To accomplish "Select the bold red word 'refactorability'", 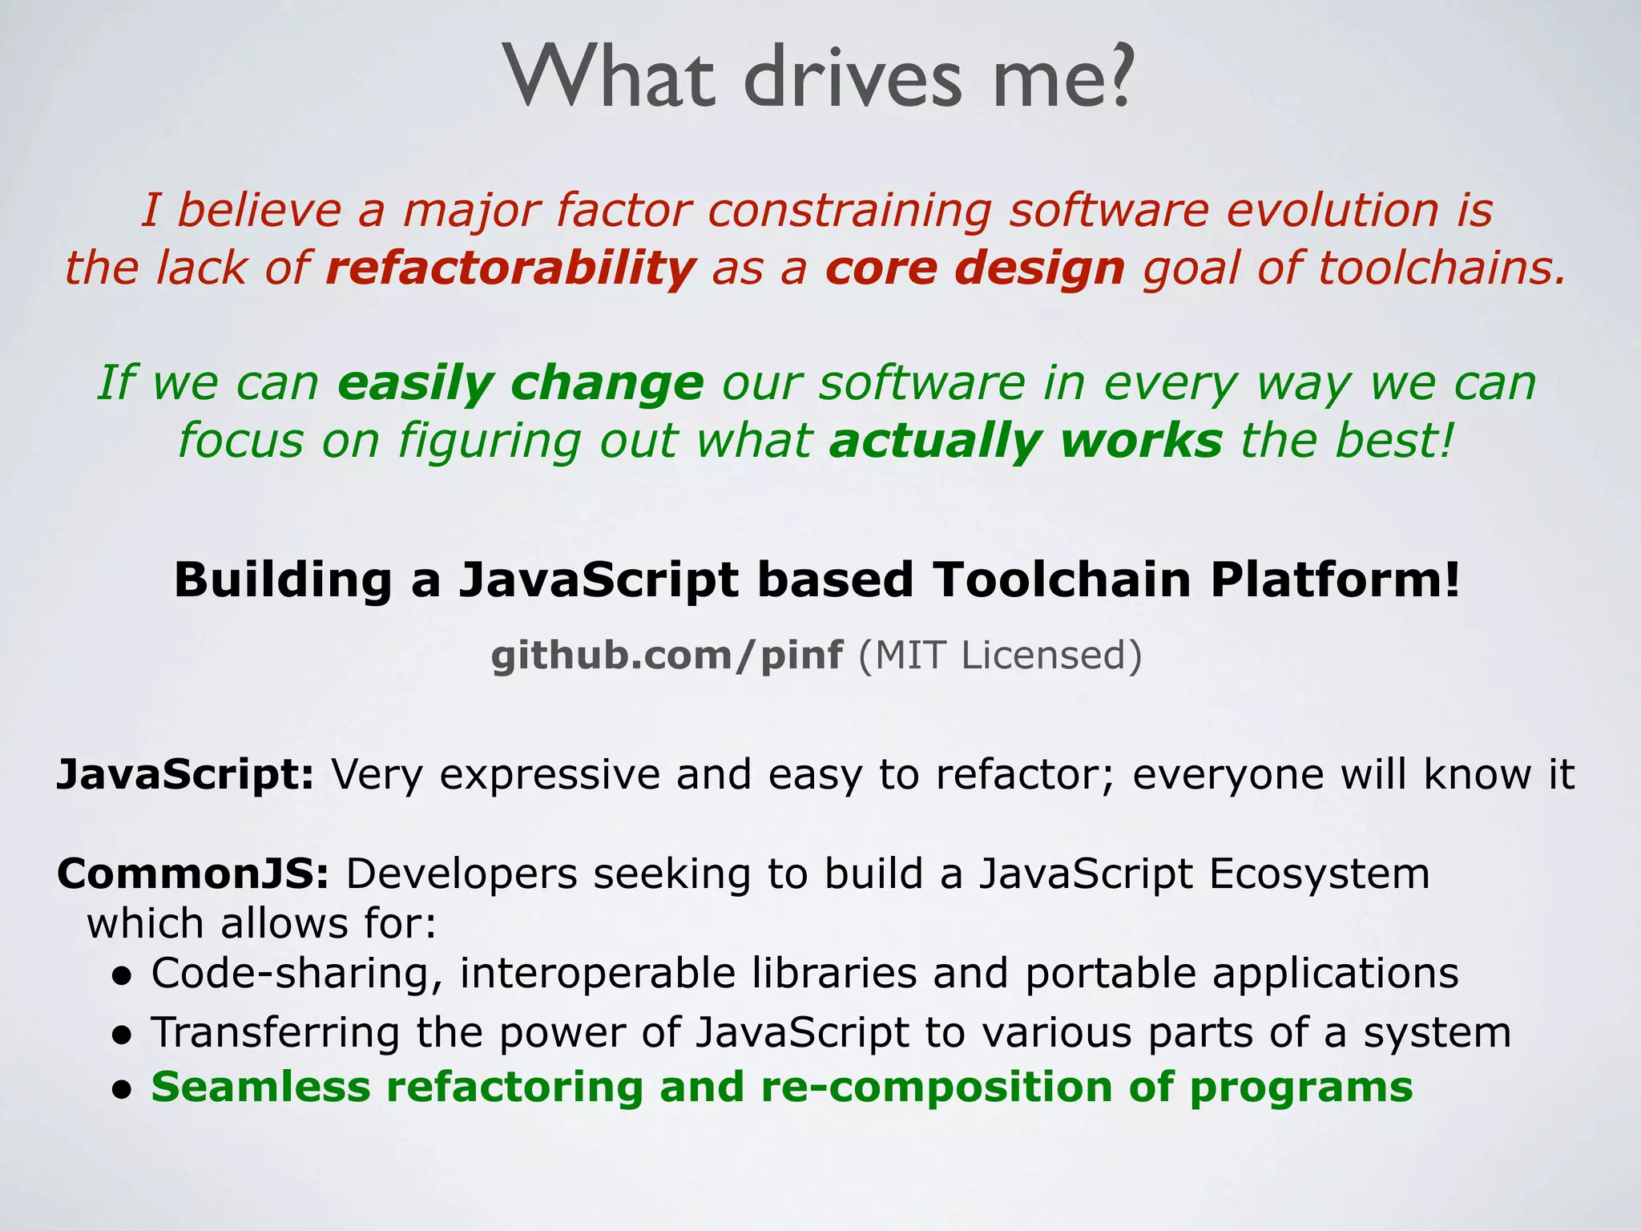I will [x=510, y=268].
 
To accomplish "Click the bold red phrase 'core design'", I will [x=975, y=268].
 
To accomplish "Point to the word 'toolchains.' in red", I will [x=1441, y=268].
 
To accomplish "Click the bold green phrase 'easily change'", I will [x=520, y=383].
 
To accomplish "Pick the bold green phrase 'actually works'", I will [x=1026, y=441].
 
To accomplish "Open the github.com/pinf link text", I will [x=667, y=656].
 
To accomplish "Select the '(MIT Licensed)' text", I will [x=1000, y=656].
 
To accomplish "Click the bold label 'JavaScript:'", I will [x=185, y=775].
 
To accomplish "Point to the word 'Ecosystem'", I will [x=1319, y=874].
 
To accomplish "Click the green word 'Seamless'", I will [x=261, y=1088].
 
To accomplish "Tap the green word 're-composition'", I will [x=936, y=1088].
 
